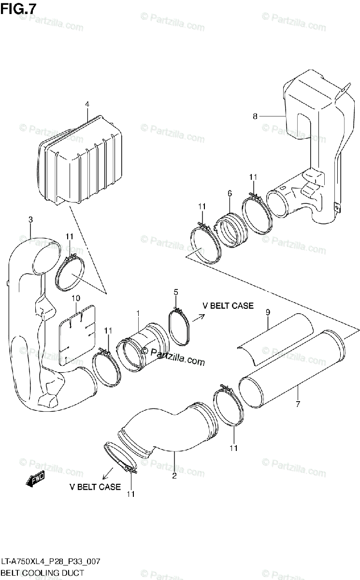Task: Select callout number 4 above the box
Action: [87, 104]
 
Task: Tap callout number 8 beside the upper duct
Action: [256, 116]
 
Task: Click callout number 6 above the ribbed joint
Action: [230, 193]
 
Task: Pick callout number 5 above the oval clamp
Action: [176, 292]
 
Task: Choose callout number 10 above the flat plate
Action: [75, 298]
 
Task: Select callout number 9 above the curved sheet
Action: [267, 313]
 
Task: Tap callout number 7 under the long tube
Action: [298, 404]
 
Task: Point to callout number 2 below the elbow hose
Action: [174, 476]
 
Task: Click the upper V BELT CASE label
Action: [228, 305]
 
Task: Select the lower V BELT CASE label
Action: [95, 487]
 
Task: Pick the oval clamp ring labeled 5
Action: [179, 328]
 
